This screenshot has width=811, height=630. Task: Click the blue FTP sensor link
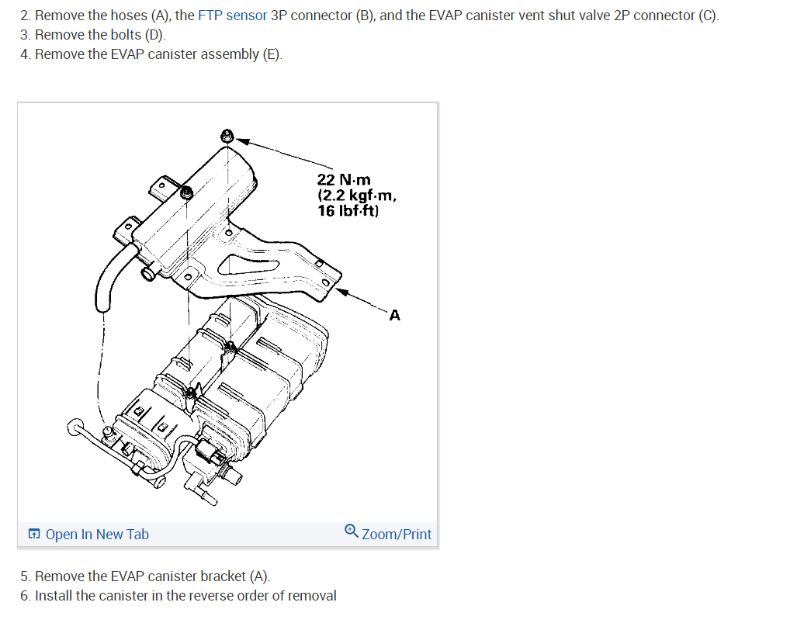232,16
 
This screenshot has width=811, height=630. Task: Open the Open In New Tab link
97,535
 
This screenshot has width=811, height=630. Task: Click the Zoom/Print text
397,535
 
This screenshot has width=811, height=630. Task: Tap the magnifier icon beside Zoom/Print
352,531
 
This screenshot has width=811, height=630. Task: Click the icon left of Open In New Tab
33,535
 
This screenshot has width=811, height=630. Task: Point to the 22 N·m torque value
344,180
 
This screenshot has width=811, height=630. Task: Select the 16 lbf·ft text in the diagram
348,209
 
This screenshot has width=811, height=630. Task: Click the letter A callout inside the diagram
395,315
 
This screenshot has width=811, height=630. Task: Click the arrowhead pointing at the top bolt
243,141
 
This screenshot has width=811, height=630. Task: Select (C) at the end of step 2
709,16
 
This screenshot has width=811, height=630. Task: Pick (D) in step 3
155,35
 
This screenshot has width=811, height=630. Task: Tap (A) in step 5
259,576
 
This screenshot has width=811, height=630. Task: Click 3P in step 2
279,16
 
